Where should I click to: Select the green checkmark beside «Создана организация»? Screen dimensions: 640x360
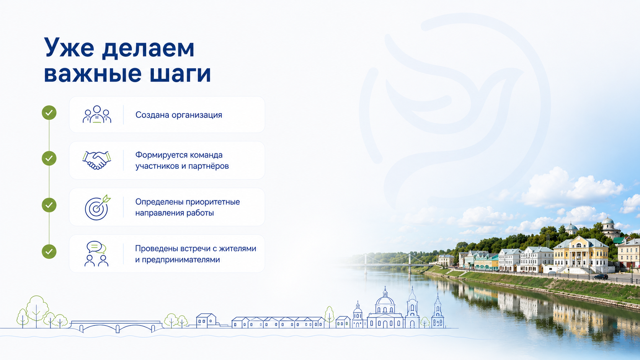click(49, 112)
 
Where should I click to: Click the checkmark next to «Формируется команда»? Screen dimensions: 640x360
click(49, 158)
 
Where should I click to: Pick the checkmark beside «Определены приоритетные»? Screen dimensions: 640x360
click(49, 205)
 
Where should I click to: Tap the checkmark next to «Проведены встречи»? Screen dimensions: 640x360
click(49, 251)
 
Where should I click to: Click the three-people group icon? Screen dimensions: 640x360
click(97, 114)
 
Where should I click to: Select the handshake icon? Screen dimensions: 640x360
click(97, 160)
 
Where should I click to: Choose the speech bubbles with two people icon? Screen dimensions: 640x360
click(96, 254)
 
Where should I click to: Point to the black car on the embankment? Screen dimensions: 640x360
click(601, 276)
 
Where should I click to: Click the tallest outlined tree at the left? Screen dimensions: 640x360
click(37, 311)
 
